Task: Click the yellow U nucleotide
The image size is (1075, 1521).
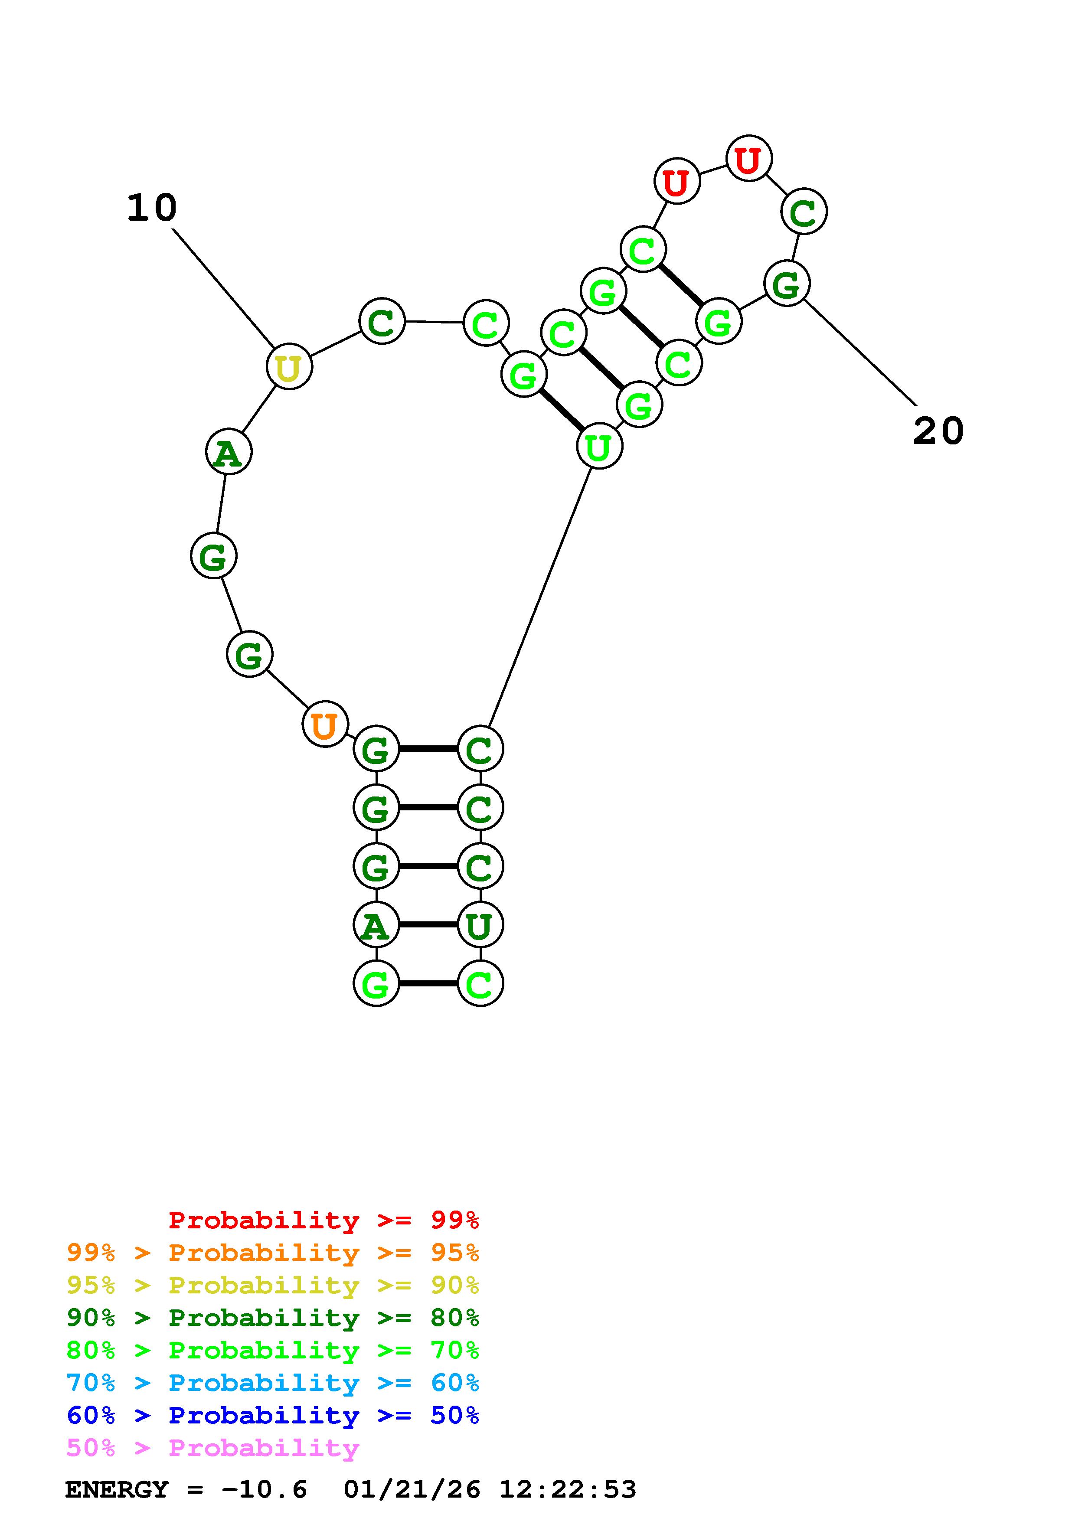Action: point(289,366)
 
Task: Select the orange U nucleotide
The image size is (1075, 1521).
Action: point(324,725)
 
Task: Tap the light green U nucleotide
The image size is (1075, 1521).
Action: point(599,447)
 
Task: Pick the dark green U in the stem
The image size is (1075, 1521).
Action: point(480,925)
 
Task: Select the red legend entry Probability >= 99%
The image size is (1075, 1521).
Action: point(323,1220)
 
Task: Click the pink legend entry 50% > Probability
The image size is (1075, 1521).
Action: point(212,1448)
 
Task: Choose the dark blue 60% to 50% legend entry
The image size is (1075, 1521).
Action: point(272,1415)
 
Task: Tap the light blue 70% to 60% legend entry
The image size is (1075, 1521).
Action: point(272,1383)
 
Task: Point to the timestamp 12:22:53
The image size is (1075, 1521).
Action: point(568,1490)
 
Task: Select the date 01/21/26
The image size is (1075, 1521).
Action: point(412,1490)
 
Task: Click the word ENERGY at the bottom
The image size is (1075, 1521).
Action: point(117,1490)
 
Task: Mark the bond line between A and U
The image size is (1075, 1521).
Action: point(428,925)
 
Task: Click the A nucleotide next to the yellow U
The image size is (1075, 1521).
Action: point(229,453)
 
